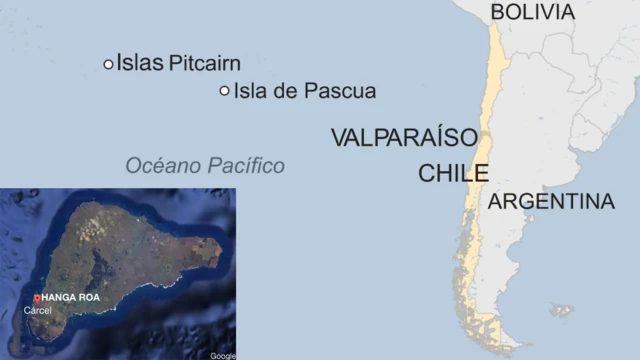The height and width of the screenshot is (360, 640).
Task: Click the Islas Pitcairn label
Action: tap(178, 64)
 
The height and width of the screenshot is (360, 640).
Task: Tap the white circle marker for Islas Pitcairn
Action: tap(108, 64)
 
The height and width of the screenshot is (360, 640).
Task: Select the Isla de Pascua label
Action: tap(304, 92)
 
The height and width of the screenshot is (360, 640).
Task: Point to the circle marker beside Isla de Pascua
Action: tap(224, 92)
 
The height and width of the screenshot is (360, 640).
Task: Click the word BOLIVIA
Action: tap(533, 12)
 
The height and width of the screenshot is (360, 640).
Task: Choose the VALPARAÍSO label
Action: tap(404, 138)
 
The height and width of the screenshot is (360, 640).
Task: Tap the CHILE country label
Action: tap(453, 173)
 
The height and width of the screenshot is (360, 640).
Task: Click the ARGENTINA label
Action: tap(551, 202)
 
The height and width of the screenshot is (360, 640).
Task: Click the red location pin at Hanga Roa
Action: tap(37, 298)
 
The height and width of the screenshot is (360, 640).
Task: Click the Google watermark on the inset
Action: tap(223, 355)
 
